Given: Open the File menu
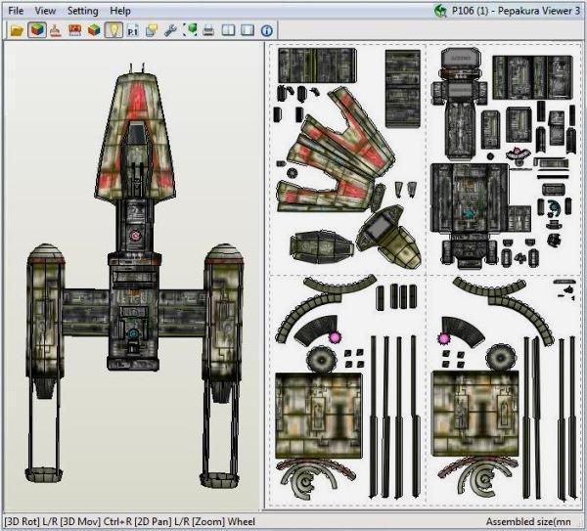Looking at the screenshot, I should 16,10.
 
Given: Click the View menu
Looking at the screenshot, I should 45,10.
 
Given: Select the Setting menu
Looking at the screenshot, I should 83,10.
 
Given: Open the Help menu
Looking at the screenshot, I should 120,10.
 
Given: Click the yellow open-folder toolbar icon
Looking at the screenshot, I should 16,30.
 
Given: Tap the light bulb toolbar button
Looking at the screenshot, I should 113,30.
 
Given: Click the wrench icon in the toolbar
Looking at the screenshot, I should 171,30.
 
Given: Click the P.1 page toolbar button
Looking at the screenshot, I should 132,30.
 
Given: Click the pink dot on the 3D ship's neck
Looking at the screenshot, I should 137,237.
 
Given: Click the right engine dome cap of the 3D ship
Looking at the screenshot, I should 222,257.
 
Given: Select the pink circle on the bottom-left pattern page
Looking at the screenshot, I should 333,336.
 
